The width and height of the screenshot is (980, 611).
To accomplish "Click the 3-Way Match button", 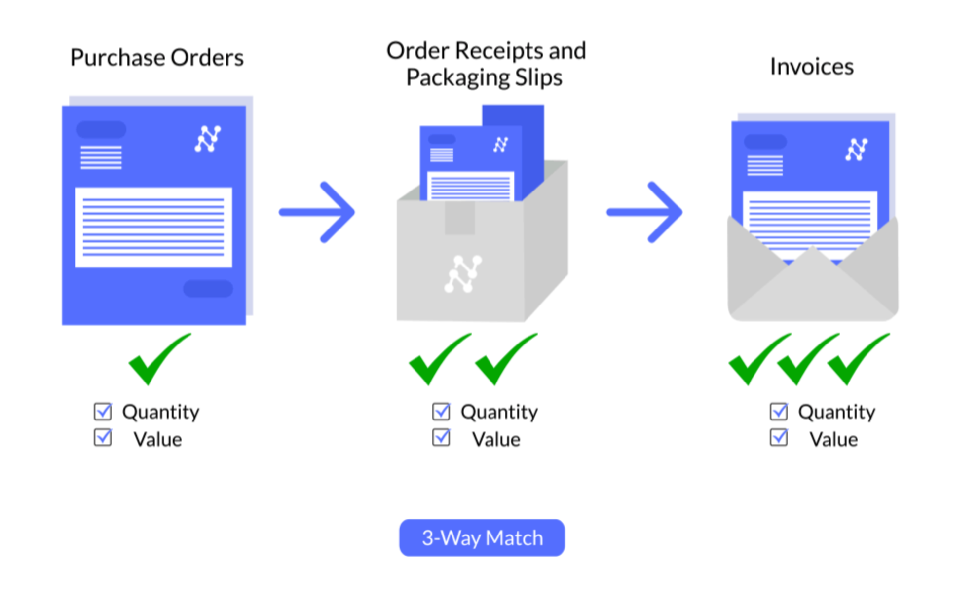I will (x=482, y=537).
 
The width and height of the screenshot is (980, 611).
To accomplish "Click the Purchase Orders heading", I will (x=157, y=58).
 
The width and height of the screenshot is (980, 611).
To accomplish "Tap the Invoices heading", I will (x=811, y=67).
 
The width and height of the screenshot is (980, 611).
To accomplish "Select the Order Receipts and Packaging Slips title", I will (x=486, y=64).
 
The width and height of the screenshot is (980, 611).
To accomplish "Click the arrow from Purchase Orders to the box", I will (x=317, y=212).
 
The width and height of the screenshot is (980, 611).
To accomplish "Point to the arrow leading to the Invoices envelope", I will (x=644, y=212).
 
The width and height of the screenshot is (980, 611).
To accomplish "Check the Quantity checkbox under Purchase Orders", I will (x=103, y=411).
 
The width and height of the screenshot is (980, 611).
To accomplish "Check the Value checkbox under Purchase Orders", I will (x=103, y=438).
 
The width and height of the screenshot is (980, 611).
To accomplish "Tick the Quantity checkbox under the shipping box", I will (x=441, y=411).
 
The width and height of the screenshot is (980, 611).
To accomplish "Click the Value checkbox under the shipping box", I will (x=441, y=438).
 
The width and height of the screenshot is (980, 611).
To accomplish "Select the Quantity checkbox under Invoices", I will (x=779, y=411).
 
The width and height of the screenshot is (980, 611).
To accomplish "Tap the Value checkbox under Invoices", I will (x=779, y=438).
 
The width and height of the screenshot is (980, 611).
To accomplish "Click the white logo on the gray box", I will (x=463, y=274).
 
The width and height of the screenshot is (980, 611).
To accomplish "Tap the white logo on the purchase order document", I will (x=208, y=139).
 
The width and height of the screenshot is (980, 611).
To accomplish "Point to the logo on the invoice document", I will (x=857, y=149).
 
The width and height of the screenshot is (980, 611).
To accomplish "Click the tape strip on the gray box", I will (x=459, y=218).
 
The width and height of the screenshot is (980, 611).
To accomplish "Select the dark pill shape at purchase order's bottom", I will (x=208, y=289).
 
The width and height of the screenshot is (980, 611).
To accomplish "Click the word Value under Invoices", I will (x=833, y=439).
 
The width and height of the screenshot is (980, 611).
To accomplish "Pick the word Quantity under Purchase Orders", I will (x=161, y=412).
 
